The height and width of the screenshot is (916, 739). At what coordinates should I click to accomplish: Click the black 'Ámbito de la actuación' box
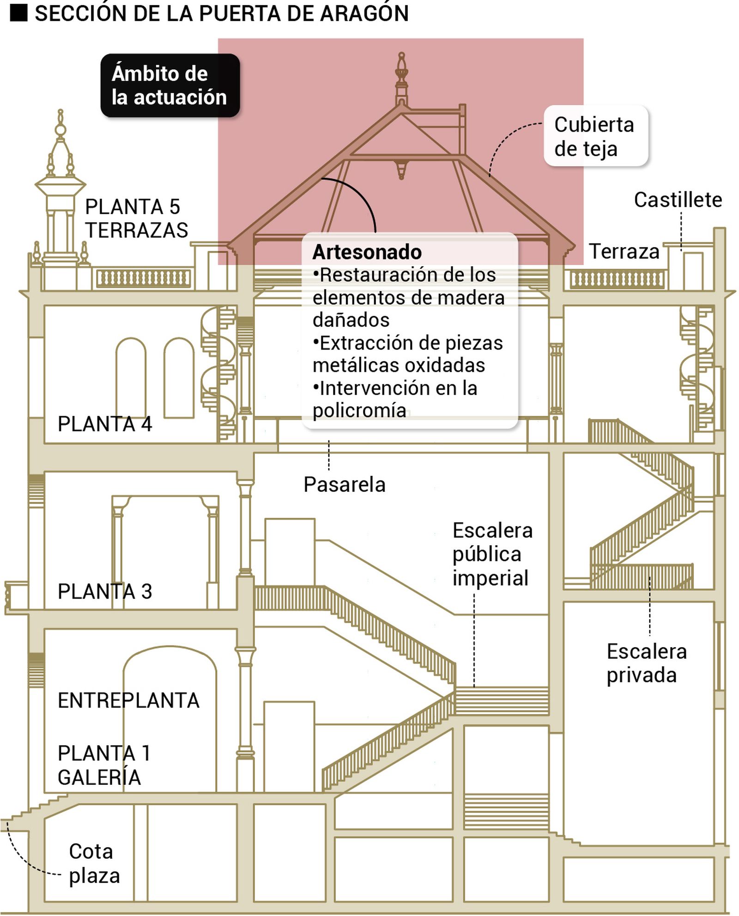click(x=170, y=85)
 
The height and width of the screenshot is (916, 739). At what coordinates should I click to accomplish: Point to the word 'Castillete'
click(x=678, y=200)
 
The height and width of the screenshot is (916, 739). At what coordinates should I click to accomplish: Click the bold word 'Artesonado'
click(x=367, y=252)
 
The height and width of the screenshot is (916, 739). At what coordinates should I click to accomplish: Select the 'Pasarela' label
click(x=344, y=485)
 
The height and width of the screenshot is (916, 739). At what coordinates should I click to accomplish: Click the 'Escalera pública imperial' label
click(x=491, y=554)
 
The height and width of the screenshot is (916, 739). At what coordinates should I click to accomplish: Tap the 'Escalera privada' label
click(x=646, y=663)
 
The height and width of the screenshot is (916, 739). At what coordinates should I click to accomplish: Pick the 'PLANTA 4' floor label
click(x=105, y=424)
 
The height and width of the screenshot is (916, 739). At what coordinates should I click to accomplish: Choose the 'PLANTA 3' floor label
click(x=105, y=591)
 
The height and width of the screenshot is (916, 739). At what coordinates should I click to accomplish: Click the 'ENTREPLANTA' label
click(x=128, y=700)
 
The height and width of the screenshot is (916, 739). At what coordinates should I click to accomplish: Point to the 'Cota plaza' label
click(x=94, y=863)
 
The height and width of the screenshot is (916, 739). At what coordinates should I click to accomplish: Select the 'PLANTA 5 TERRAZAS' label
click(x=136, y=218)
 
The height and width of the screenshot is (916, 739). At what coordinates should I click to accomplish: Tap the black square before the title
click(x=18, y=13)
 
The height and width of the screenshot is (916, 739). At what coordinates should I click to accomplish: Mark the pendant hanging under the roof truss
click(x=401, y=169)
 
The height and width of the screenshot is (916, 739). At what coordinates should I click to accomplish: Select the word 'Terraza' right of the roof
click(x=624, y=252)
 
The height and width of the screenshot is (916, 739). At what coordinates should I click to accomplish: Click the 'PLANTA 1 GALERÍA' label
click(x=103, y=765)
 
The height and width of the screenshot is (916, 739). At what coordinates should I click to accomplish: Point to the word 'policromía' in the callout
click(x=359, y=410)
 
